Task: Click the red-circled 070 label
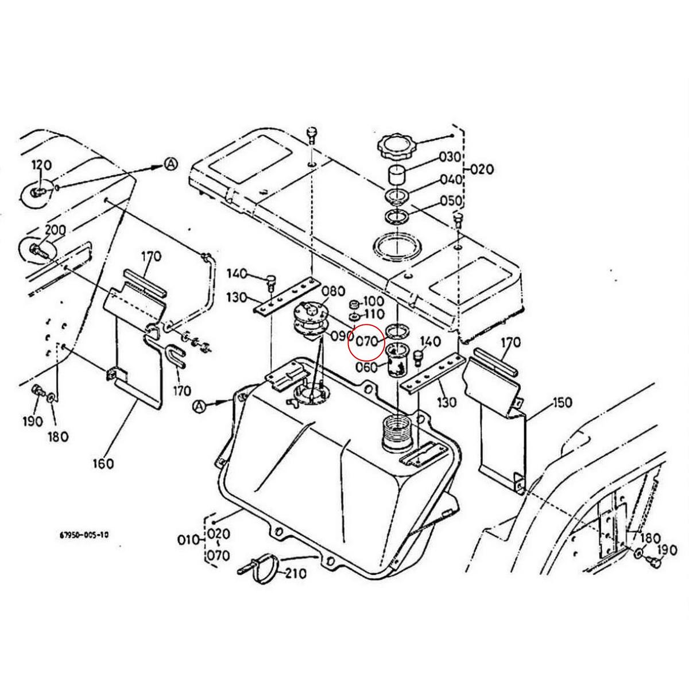click(367, 342)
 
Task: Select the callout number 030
click(450, 157)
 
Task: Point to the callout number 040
click(451, 180)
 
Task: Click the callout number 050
click(451, 201)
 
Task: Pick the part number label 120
click(41, 165)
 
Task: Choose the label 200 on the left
click(55, 230)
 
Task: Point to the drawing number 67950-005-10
click(84, 535)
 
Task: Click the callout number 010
click(188, 540)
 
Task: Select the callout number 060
click(366, 367)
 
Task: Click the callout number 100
click(373, 301)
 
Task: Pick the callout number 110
click(373, 315)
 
